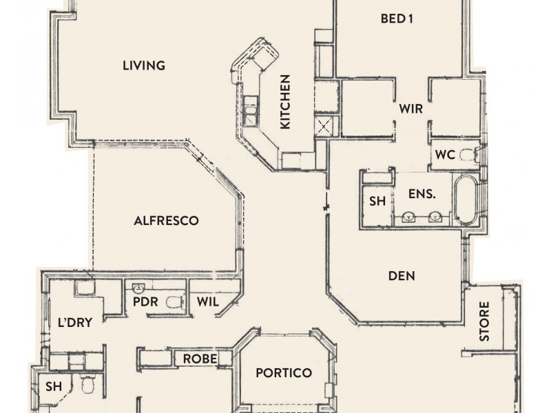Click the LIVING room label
click(144, 66)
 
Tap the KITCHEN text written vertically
click(285, 102)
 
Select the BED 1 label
click(396, 19)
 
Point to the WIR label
click(410, 109)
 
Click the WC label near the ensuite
click(444, 155)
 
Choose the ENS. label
click(422, 195)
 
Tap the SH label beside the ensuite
click(377, 201)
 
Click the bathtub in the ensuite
click(465, 200)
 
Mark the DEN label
click(402, 276)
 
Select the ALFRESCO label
click(166, 221)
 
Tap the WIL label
click(207, 301)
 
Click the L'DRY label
click(70, 321)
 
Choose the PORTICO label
click(284, 373)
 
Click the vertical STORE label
click(484, 321)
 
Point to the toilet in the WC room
click(468, 154)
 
